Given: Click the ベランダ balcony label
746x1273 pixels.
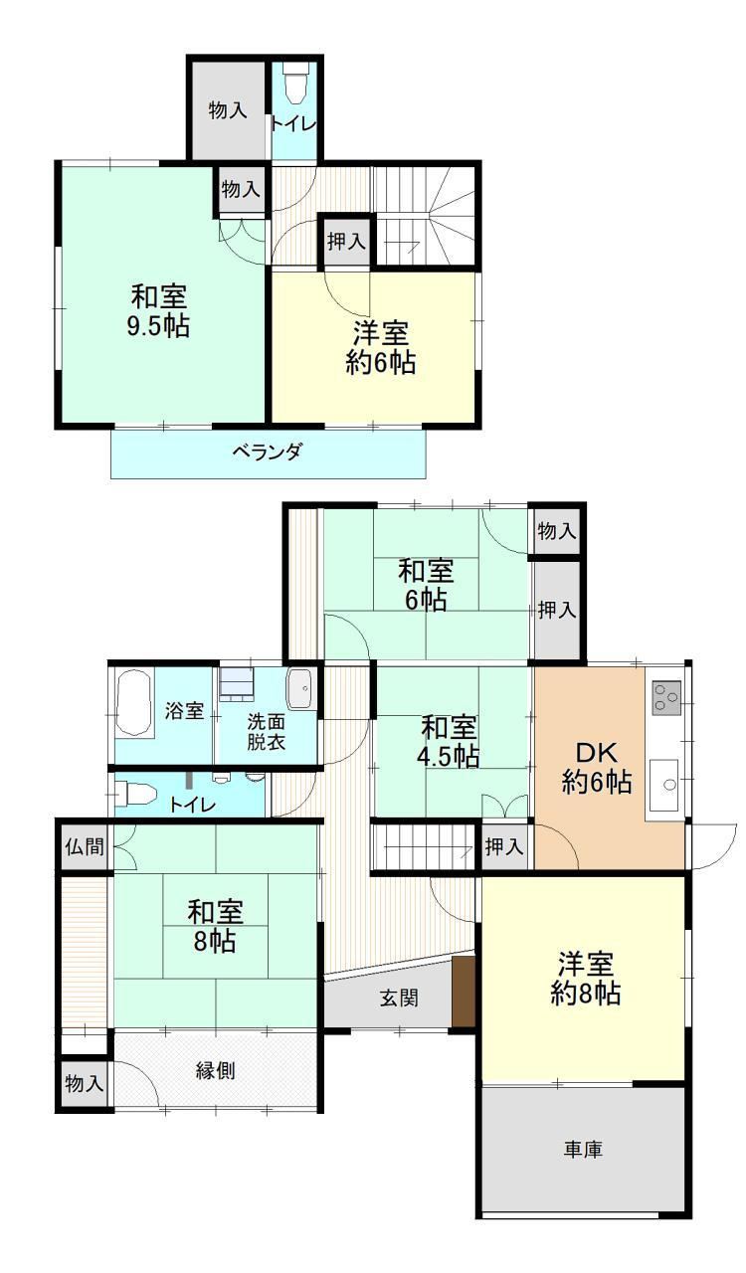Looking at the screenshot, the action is tap(268, 453).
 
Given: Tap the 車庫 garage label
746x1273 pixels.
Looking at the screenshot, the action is tap(584, 1149).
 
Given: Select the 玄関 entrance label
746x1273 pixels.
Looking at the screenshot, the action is tap(400, 998).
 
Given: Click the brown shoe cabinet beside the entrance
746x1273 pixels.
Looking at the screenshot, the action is tap(464, 991).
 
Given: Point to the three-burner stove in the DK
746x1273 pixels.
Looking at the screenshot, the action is tap(666, 697).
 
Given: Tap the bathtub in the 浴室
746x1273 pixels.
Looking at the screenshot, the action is tap(134, 703).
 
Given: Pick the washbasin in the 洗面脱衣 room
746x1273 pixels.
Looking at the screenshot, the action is tap(299, 689).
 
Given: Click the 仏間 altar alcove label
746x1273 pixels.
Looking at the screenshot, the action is tap(85, 846).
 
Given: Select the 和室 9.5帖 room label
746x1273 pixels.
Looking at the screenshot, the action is tap(158, 311).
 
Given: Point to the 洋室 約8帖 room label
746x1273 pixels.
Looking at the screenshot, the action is tap(586, 979).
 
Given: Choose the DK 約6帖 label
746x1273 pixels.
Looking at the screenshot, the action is tap(597, 767).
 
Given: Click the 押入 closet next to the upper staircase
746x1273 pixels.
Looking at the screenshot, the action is tap(346, 242).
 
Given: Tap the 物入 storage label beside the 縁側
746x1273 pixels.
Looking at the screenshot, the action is tap(85, 1083).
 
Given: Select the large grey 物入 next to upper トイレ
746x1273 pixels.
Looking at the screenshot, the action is tap(228, 109).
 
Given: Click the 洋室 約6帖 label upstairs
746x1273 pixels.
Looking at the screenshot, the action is tap(381, 347).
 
